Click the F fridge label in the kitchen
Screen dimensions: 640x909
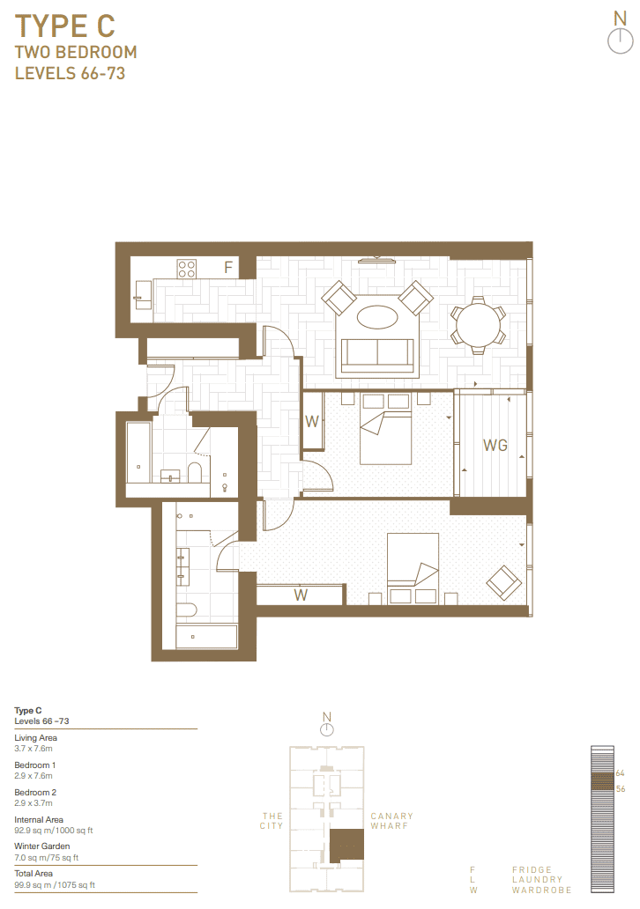click(228, 267)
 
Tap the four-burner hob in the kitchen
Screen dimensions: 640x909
click(187, 269)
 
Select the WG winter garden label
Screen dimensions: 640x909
click(495, 445)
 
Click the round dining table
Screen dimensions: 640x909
click(478, 325)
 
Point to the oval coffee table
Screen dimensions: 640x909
click(377, 316)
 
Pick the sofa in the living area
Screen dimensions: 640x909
click(377, 355)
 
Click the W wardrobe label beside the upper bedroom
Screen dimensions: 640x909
click(312, 421)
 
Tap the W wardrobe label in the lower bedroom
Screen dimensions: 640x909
click(301, 595)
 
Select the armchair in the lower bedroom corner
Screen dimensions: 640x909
click(503, 582)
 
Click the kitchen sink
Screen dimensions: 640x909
click(143, 295)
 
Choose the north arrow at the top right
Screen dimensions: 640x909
click(621, 33)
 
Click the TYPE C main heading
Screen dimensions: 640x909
click(65, 26)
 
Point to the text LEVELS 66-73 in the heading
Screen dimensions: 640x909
click(70, 74)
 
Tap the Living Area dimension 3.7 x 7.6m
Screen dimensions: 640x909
click(33, 749)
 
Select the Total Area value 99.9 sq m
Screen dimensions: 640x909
click(33, 884)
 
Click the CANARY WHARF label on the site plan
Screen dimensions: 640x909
click(391, 821)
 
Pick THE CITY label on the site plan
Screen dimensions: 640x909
click(272, 821)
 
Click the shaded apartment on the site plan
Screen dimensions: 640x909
click(346, 846)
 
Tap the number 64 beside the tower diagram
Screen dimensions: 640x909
click(621, 773)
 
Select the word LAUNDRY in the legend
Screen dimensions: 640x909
click(537, 879)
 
